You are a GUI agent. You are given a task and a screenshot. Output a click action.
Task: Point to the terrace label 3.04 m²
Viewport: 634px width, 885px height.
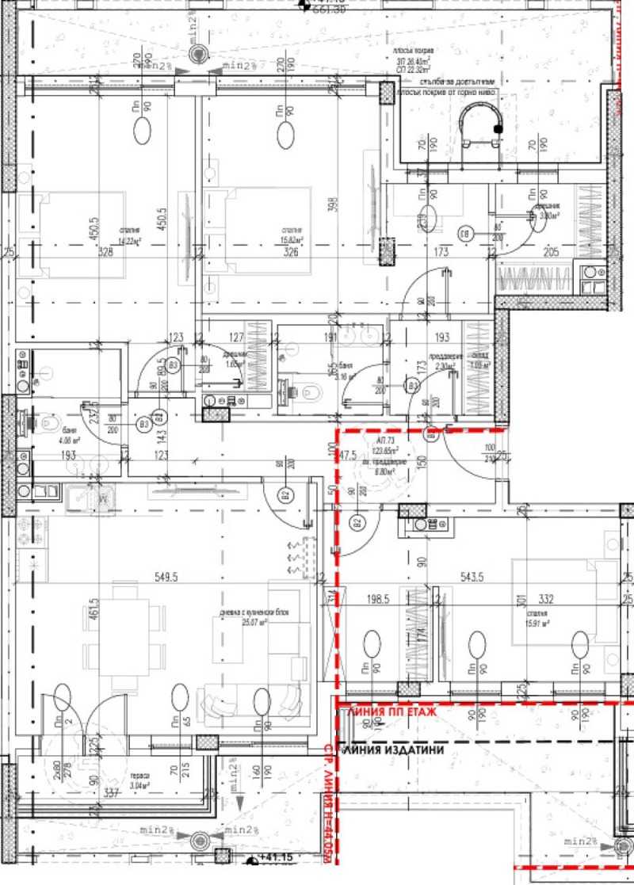(139, 780)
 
